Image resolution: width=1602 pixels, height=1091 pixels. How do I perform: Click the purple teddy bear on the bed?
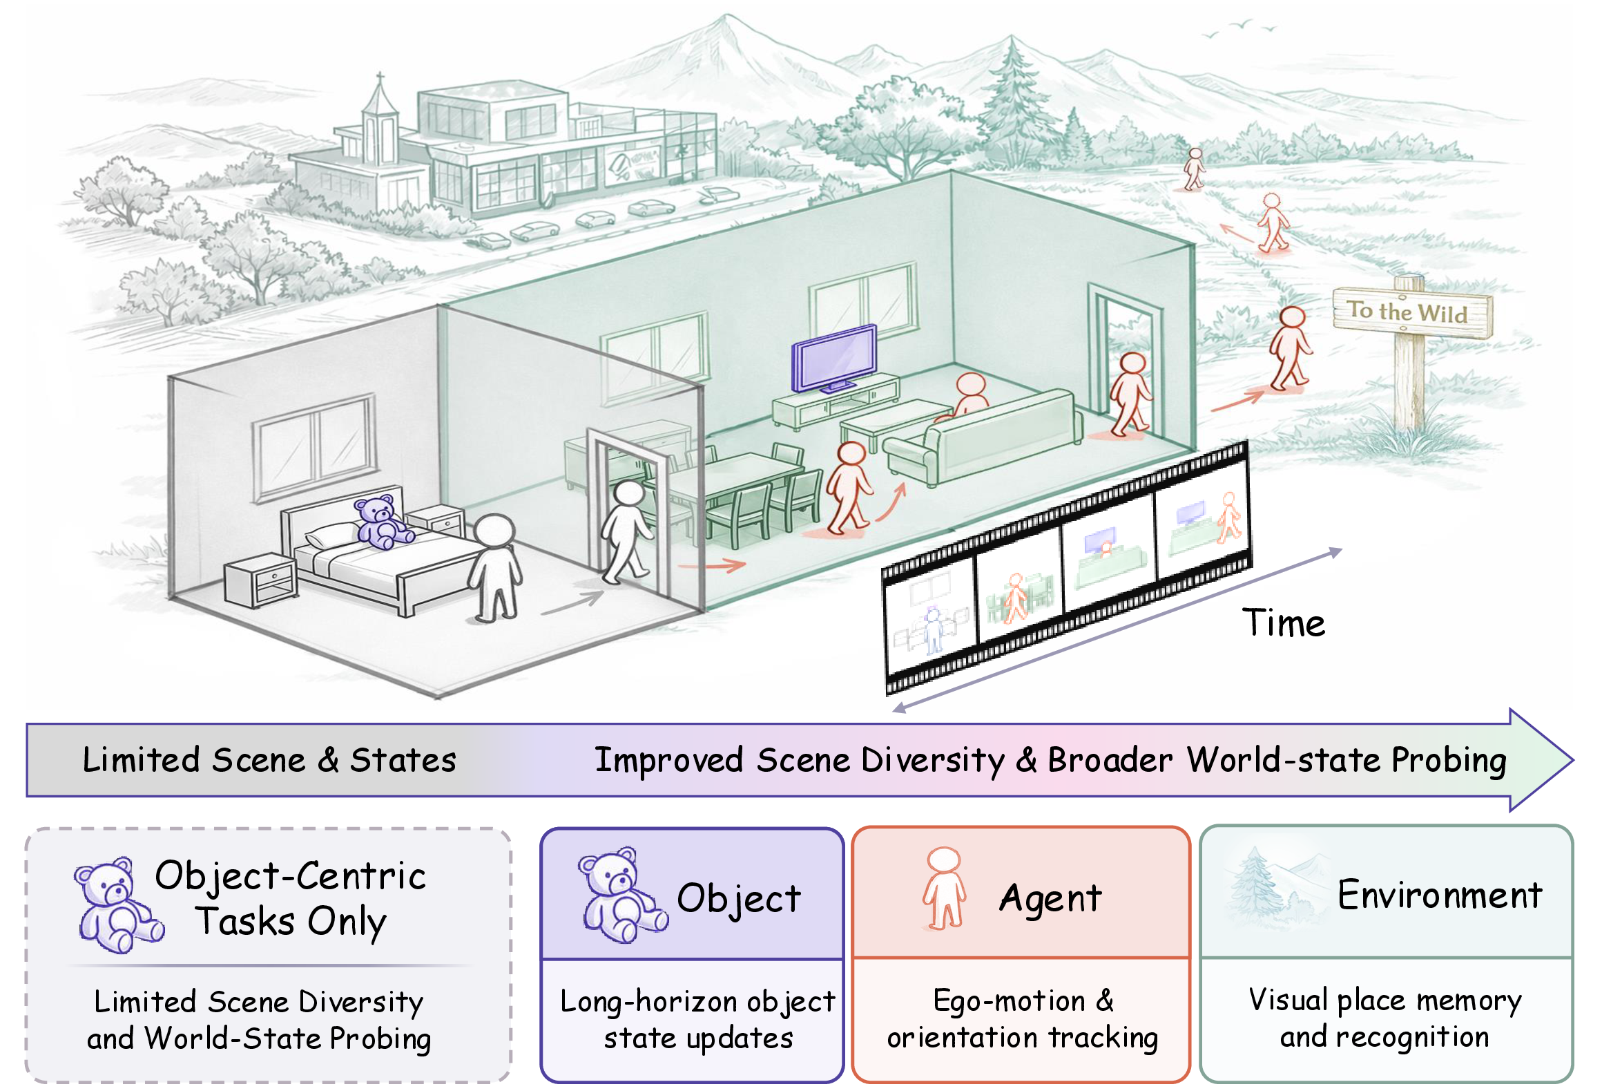click(x=383, y=522)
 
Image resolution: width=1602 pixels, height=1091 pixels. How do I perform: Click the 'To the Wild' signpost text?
click(x=1408, y=312)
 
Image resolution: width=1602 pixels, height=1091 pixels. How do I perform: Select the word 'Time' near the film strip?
click(x=1284, y=623)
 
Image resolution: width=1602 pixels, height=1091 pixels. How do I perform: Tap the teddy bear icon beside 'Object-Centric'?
click(x=118, y=904)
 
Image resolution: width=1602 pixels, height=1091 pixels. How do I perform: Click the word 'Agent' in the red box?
click(x=1050, y=899)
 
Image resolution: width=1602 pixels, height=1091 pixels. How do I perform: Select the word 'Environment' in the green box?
click(x=1440, y=895)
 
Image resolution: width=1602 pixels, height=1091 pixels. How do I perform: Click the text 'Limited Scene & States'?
click(x=269, y=760)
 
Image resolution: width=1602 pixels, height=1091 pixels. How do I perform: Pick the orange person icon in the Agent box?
click(x=944, y=889)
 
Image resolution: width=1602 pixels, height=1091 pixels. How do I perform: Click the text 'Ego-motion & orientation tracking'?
click(x=1023, y=1019)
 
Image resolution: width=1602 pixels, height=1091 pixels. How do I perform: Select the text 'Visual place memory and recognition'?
click(x=1385, y=1018)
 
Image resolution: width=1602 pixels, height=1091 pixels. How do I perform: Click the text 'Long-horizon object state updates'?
click(x=697, y=1020)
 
